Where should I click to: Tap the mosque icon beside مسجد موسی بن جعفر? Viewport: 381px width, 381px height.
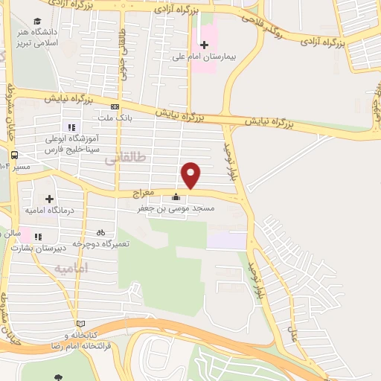pyautogui.click(x=176, y=197)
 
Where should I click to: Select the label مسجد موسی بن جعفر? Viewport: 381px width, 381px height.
pyautogui.click(x=176, y=209)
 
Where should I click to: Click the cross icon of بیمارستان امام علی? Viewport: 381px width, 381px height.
pyautogui.click(x=204, y=45)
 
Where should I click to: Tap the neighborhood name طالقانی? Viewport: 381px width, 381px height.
pyautogui.click(x=121, y=159)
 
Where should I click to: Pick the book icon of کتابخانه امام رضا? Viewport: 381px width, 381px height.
pyautogui.click(x=81, y=324)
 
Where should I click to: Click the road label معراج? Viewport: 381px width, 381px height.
pyautogui.click(x=142, y=192)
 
